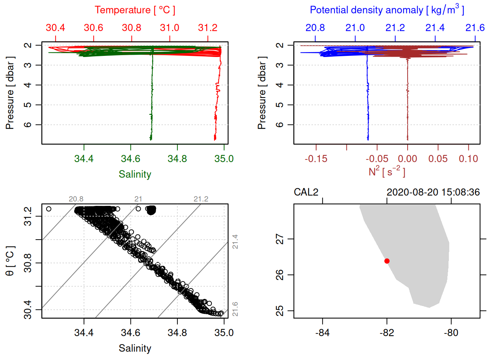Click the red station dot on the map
pos(387,261)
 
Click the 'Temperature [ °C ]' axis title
pos(135,10)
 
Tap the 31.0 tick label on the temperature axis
pos(169,28)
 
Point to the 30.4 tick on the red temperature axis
pos(55,28)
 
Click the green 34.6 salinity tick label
pos(130,159)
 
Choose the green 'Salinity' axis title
pos(135,174)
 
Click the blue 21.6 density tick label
pos(475,28)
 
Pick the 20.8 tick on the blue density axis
pos(315,28)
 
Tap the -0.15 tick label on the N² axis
pos(316,159)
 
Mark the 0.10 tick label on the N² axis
pos(468,159)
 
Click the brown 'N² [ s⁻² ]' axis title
pos(387,172)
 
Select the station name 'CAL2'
pos(306,192)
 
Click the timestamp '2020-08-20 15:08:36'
pos(433,192)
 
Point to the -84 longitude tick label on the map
pos(322,333)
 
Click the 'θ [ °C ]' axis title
pos(10,261)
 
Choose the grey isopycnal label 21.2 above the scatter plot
pos(201,199)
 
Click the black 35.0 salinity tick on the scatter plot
pos(224,333)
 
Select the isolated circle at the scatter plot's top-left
pos(48,209)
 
